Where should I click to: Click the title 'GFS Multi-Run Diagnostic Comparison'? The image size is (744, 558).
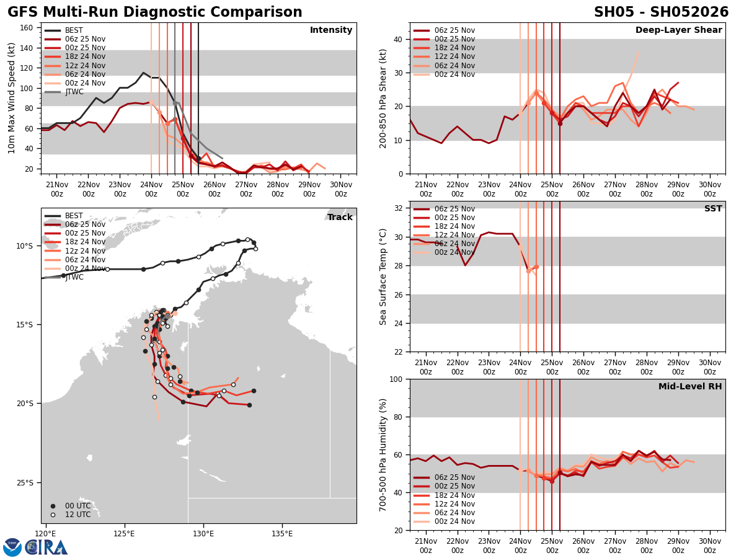pyautogui.click(x=155, y=12)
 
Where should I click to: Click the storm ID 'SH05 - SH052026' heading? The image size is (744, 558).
pyautogui.click(x=661, y=12)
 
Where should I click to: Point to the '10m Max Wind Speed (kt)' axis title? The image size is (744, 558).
pyautogui.click(x=12, y=98)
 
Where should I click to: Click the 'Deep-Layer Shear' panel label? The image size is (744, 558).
pyautogui.click(x=678, y=30)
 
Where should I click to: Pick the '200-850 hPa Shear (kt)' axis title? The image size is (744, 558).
pyautogui.click(x=383, y=98)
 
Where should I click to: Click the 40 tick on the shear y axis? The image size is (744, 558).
pyautogui.click(x=398, y=39)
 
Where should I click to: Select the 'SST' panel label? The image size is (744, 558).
pyautogui.click(x=712, y=209)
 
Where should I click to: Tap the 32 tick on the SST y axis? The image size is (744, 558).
pyautogui.click(x=398, y=208)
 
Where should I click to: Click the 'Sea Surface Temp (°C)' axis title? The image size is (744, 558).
pyautogui.click(x=383, y=277)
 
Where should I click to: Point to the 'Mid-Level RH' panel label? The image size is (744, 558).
pyautogui.click(x=690, y=387)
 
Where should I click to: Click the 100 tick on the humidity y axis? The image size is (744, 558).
pyautogui.click(x=396, y=379)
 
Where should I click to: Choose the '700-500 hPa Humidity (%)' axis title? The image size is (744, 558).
pyautogui.click(x=383, y=454)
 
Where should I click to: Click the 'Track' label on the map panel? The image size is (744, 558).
pyautogui.click(x=340, y=218)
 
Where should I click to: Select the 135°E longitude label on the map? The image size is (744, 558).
pyautogui.click(x=282, y=534)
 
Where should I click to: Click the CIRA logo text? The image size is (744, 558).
pyautogui.click(x=47, y=547)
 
